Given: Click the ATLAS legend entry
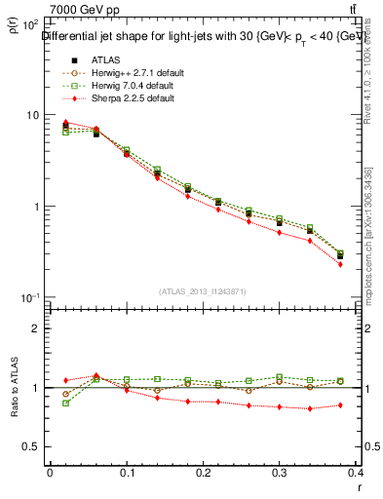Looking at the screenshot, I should coord(106,60).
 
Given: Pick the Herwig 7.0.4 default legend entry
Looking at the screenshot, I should coord(127,86).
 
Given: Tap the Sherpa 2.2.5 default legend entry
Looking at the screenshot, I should coord(127,98).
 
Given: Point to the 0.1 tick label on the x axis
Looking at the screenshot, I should coord(127,474).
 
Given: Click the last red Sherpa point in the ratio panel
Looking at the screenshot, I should coord(367,404).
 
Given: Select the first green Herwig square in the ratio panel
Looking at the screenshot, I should coord(65,403).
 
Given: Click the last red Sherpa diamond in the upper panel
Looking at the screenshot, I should coord(367,264).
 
